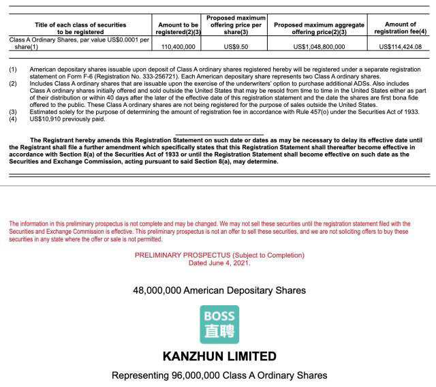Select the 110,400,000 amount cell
[x=178, y=46]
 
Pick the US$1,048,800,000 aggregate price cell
[x=319, y=46]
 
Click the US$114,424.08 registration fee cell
[x=400, y=46]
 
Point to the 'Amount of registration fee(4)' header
[x=400, y=28]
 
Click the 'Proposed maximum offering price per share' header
[x=236, y=25]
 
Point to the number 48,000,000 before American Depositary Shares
[x=157, y=290]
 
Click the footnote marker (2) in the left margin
[x=13, y=83]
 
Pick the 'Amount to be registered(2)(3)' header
[x=178, y=28]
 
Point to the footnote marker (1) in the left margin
[x=13, y=69]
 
